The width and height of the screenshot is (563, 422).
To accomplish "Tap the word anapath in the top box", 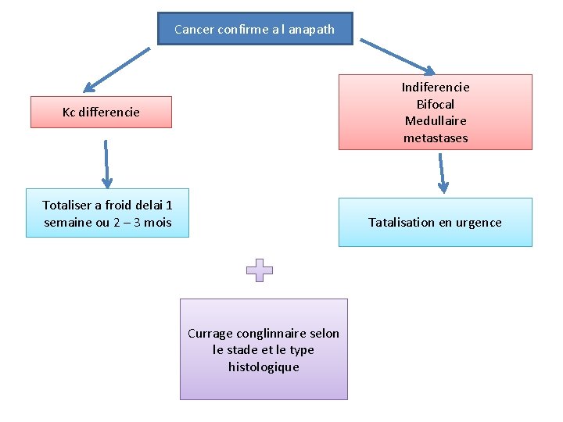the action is tap(311, 30).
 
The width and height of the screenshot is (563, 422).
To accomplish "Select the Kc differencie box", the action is tap(101, 112).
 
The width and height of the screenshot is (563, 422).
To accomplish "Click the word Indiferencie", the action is tap(436, 87).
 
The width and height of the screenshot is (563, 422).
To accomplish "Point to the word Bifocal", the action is tap(436, 104).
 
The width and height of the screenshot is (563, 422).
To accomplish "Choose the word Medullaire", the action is tap(436, 121).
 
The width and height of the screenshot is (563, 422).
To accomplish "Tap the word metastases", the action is tap(436, 138).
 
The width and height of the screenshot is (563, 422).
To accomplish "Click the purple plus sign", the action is tap(260, 270).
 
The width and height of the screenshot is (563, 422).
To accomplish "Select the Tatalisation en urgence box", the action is tap(435, 223).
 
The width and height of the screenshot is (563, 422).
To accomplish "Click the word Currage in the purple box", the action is tap(210, 334).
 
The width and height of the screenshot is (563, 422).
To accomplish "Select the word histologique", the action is tap(264, 367).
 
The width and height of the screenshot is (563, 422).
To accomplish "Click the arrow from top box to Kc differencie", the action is tap(117, 70).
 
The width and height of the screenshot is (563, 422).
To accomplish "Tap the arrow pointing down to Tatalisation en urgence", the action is tap(442, 173).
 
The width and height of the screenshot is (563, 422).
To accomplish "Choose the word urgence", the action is tap(479, 223).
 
